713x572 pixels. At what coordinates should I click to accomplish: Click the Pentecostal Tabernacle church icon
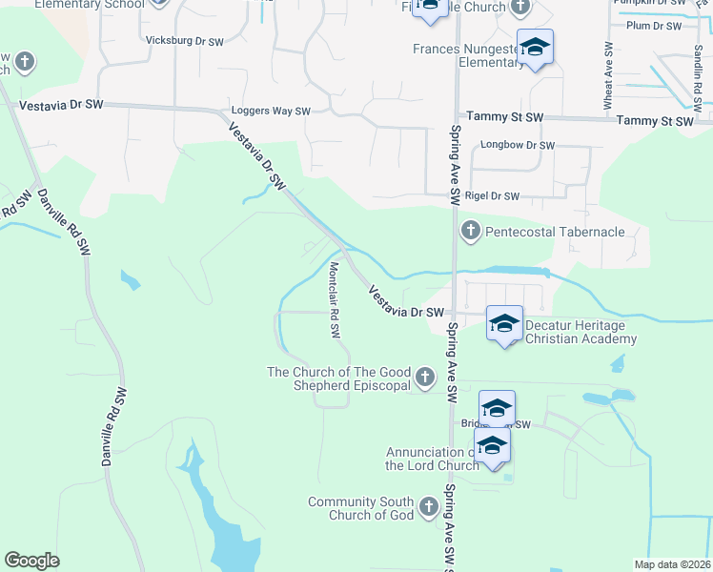(x=470, y=231)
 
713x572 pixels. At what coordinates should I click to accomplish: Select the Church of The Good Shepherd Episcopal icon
(x=424, y=378)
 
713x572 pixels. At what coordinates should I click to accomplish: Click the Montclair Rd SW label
(x=335, y=300)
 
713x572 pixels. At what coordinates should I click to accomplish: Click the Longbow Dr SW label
(x=518, y=146)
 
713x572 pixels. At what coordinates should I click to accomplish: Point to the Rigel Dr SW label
(x=492, y=196)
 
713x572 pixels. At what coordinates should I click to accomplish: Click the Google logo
(x=31, y=561)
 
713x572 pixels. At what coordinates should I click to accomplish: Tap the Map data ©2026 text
(x=672, y=564)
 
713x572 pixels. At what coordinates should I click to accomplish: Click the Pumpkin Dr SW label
(x=650, y=3)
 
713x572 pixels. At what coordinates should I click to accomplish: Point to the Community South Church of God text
(x=360, y=508)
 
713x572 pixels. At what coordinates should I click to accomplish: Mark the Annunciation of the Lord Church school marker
(x=492, y=445)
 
